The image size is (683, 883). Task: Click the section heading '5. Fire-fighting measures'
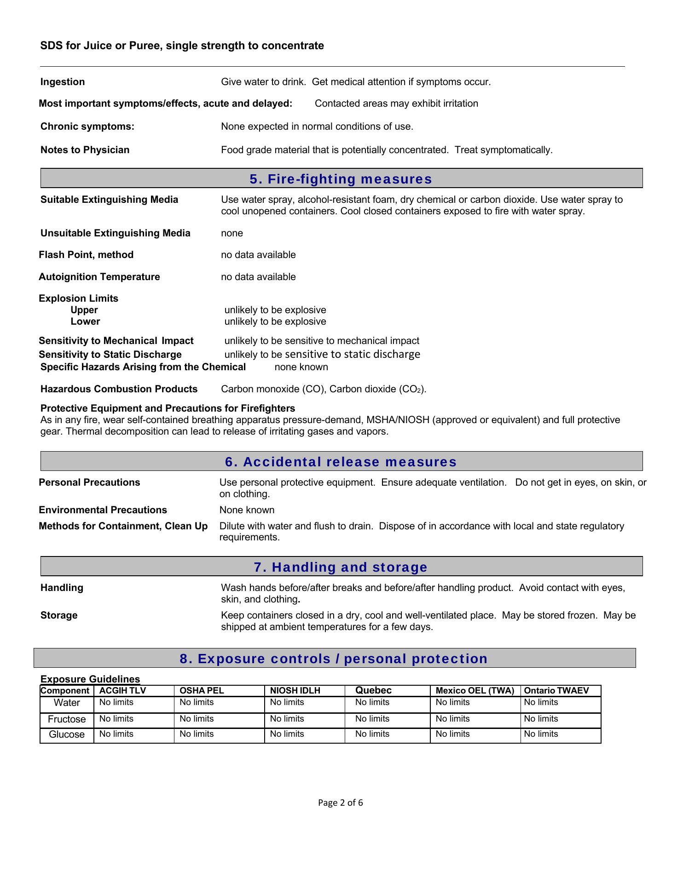point(341,179)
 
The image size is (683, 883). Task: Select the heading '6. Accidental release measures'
point(341,462)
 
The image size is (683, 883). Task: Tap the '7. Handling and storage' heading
point(341,567)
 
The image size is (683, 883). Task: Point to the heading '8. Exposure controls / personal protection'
point(334,659)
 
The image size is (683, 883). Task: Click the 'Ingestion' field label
point(63,82)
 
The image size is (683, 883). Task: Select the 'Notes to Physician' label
point(85,150)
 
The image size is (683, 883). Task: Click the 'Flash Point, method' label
point(86,255)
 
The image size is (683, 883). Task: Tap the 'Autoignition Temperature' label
point(99,277)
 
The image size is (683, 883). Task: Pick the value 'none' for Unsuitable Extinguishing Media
point(232,233)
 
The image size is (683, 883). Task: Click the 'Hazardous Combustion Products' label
point(119,389)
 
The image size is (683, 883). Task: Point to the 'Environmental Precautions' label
point(103,510)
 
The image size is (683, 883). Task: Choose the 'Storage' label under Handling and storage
point(59,615)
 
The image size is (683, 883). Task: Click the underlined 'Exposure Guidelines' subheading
point(90,679)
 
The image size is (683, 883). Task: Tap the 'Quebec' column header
point(373,690)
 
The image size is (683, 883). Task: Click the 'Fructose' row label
point(67,719)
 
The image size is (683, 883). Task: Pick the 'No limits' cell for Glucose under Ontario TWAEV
point(541,734)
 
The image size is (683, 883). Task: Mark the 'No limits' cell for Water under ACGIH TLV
point(116,702)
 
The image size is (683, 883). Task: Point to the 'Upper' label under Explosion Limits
point(84,310)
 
